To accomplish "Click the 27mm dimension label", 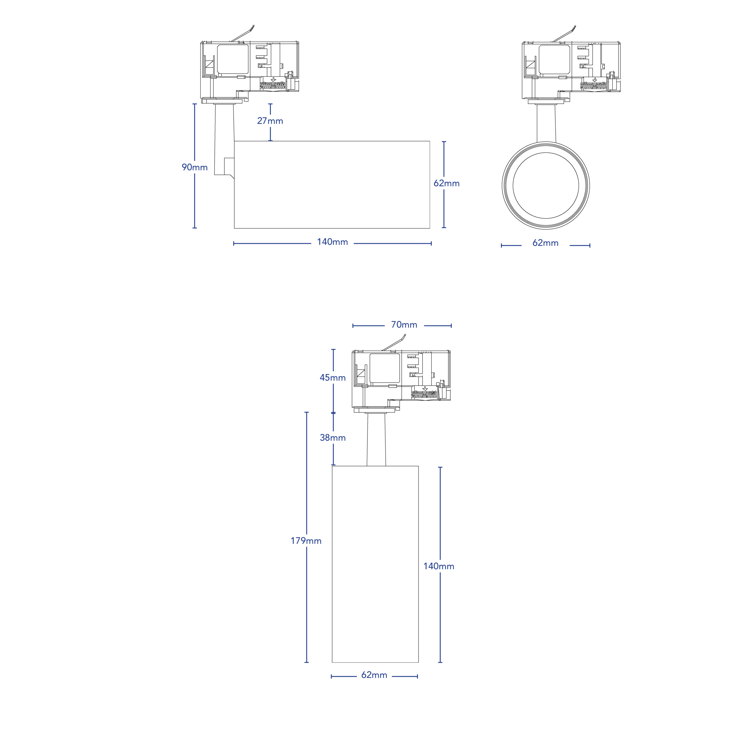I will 270,121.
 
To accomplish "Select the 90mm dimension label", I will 195,167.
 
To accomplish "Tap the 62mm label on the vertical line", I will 446,183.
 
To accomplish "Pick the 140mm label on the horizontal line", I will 332,242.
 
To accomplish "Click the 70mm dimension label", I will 404,325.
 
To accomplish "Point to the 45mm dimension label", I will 333,377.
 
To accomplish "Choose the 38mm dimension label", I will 333,437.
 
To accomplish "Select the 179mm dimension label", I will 306,541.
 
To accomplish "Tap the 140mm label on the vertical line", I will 439,566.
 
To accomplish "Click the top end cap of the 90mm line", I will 195,104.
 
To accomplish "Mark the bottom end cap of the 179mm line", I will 307,662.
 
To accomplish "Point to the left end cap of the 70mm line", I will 353,326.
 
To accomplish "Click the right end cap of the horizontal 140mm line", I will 431,243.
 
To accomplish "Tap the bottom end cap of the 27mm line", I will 270,141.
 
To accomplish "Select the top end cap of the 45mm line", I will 333,349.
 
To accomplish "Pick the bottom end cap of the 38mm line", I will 333,465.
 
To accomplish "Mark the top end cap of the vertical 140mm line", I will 440,467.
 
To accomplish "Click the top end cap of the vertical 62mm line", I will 444,141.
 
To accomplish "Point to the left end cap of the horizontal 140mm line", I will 234,243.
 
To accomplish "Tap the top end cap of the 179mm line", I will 307,412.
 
